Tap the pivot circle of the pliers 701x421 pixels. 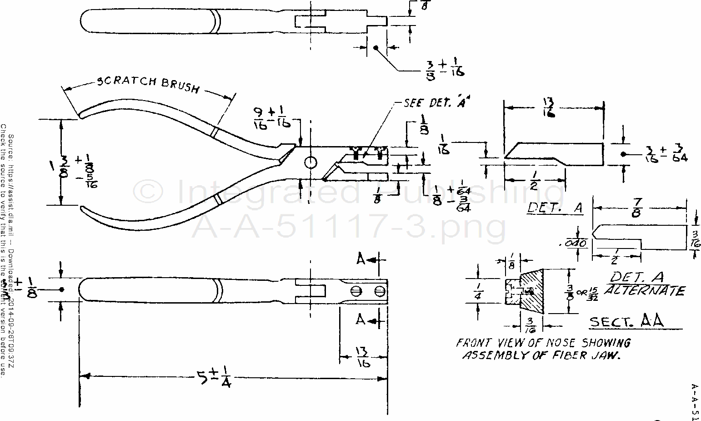coord(310,162)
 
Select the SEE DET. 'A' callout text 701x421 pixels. coord(436,103)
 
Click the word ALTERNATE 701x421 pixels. coord(644,291)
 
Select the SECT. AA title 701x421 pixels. coord(626,322)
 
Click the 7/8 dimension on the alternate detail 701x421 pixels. coord(636,210)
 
